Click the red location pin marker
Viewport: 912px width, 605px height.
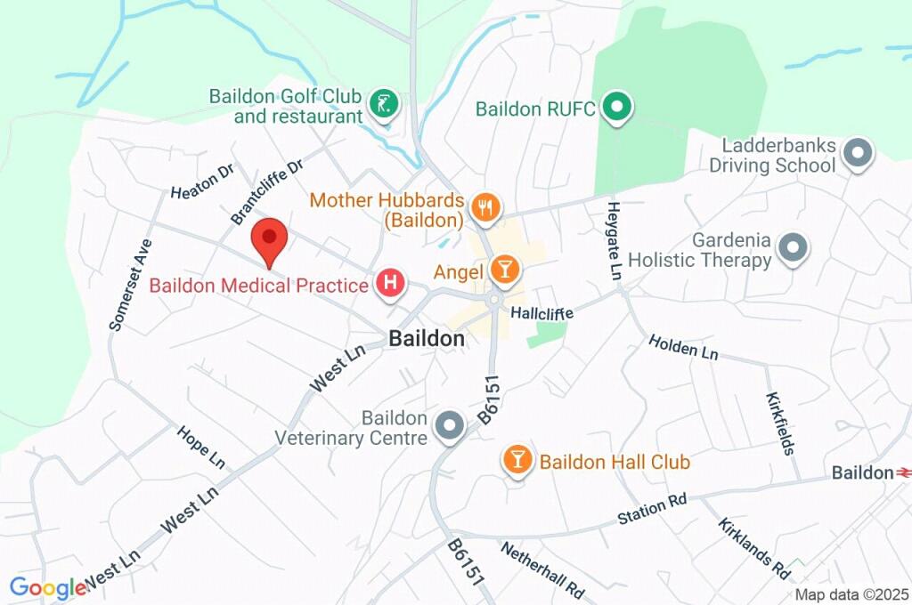[269, 240]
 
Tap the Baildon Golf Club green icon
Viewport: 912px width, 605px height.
[383, 102]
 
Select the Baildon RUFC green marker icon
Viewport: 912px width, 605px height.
[615, 108]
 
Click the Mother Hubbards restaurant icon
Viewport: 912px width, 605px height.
[485, 208]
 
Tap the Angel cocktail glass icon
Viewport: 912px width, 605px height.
[503, 270]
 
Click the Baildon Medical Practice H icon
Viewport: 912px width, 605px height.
[390, 285]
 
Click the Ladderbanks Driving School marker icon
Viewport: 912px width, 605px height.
[857, 152]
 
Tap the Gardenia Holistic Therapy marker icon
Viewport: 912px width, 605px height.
[792, 248]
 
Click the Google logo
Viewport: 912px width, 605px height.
[47, 587]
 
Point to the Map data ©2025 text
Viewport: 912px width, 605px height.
[851, 594]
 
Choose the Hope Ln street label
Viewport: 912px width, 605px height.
[201, 446]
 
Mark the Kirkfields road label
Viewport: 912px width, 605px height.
[780, 423]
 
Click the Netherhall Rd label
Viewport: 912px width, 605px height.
[541, 569]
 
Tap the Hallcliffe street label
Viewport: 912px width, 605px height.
[541, 313]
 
